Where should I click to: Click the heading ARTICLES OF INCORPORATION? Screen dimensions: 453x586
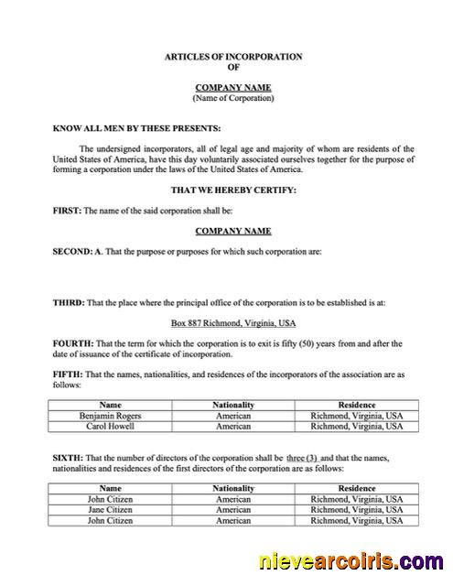232,57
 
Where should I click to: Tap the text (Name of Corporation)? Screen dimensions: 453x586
232,98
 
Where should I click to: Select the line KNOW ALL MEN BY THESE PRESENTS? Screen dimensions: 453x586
136,128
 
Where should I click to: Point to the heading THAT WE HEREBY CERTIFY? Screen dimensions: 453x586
232,190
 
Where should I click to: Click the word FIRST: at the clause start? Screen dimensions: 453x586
68,211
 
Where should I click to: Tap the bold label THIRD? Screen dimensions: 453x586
70,301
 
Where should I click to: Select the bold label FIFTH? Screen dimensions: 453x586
69,374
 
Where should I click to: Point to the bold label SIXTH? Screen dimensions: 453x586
70,457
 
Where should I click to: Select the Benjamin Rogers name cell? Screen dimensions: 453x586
111,415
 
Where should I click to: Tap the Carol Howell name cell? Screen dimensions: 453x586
111,426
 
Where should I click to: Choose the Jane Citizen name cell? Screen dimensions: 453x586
111,509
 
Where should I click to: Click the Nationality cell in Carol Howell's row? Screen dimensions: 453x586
232,426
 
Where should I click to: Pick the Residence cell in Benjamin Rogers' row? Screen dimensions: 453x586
356,415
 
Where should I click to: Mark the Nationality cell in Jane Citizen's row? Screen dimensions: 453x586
232,509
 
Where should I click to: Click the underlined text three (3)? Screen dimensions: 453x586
302,457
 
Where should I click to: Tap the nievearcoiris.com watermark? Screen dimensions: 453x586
352,560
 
